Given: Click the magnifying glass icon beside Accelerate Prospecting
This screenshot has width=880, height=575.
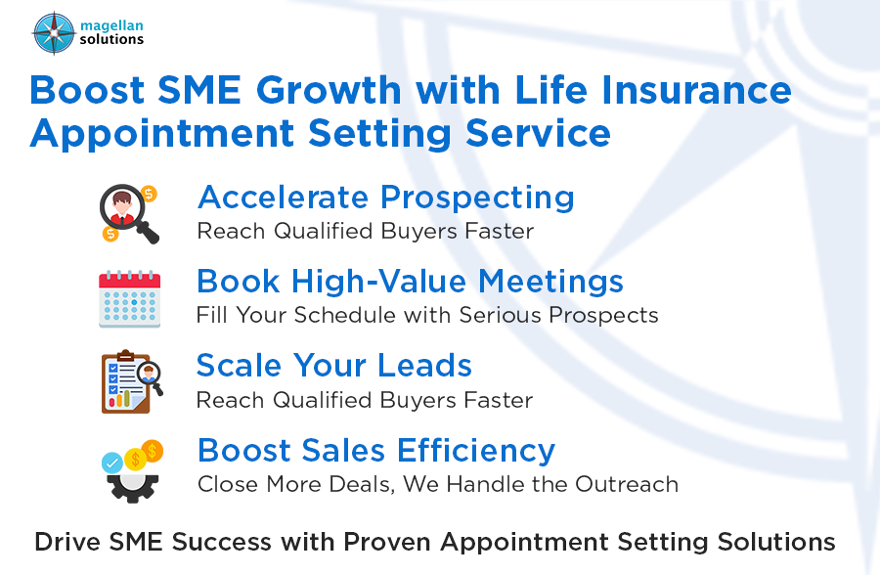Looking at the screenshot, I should (129, 213).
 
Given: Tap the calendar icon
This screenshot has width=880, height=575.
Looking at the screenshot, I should (129, 298).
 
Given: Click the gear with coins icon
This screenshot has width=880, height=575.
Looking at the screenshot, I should (131, 469).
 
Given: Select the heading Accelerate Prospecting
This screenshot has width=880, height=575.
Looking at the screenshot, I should (385, 198).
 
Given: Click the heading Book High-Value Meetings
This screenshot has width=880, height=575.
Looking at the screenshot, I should (410, 282).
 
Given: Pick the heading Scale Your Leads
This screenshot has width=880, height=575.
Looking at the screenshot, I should (334, 366).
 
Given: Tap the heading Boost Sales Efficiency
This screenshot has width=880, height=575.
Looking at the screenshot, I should (376, 451).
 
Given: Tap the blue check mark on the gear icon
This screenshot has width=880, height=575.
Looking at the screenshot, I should (112, 461).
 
